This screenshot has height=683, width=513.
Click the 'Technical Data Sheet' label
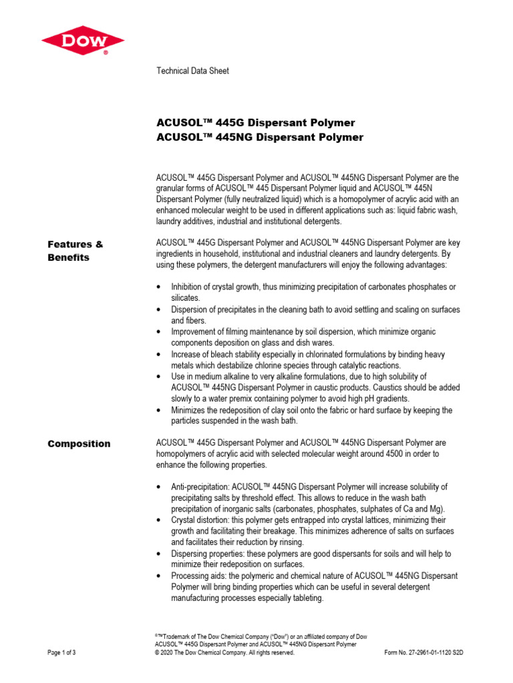point(192,71)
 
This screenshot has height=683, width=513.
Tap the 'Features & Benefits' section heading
point(75,251)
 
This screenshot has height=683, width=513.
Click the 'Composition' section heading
point(79,444)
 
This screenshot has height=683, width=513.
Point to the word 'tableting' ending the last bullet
point(305,598)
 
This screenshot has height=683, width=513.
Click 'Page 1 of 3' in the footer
point(61,653)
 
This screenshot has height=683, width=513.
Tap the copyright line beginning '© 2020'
point(224,653)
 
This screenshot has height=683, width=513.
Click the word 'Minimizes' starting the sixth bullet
point(190,410)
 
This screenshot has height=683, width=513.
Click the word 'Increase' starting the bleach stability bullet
point(187,354)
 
